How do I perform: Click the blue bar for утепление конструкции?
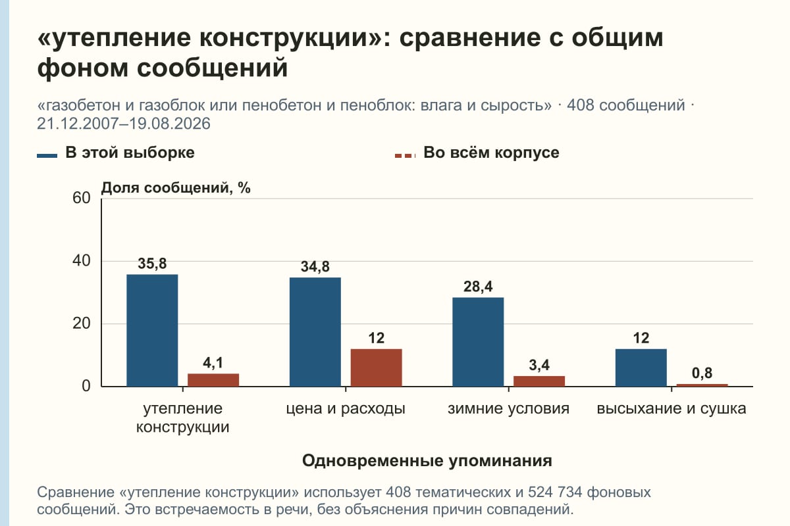tap(152, 331)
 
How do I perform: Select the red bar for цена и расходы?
tap(377, 368)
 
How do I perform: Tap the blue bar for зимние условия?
tap(478, 342)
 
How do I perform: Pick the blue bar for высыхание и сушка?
tap(641, 368)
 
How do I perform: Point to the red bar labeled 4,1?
tap(213, 380)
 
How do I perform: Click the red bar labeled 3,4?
tap(539, 381)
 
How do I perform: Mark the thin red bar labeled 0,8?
tap(702, 385)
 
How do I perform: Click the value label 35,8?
tap(152, 264)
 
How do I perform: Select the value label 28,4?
tap(478, 287)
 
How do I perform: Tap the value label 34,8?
tap(315, 267)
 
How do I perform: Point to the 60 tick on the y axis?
tap(82, 198)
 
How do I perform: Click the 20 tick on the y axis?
tap(82, 323)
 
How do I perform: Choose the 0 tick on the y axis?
tap(86, 386)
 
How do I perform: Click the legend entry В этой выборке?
tap(116, 153)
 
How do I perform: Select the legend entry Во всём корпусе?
tap(477, 153)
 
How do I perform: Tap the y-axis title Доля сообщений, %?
tap(176, 188)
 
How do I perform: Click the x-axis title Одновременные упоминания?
tap(427, 461)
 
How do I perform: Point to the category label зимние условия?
tap(508, 409)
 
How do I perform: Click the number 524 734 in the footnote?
tap(555, 492)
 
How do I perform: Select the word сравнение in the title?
tap(470, 37)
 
